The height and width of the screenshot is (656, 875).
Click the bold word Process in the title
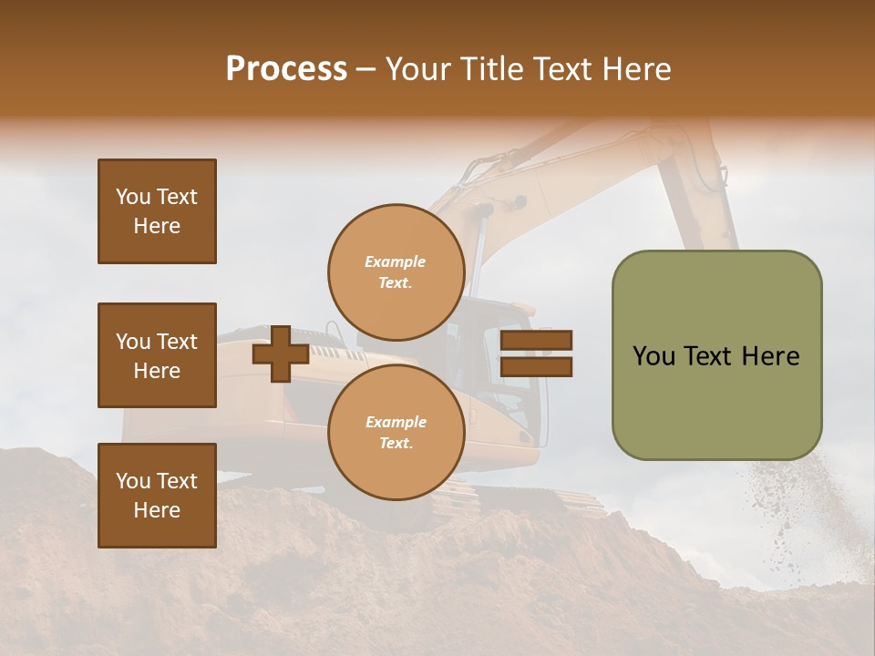pyautogui.click(x=286, y=68)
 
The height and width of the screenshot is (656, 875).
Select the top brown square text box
pyautogui.click(x=157, y=211)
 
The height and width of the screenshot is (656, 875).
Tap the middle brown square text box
pyautogui.click(x=157, y=355)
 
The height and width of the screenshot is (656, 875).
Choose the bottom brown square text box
pyautogui.click(x=157, y=496)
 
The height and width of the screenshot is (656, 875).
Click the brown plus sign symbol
pyautogui.click(x=281, y=354)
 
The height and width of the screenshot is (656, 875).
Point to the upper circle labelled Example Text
pyautogui.click(x=396, y=272)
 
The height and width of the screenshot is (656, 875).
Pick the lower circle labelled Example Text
pyautogui.click(x=396, y=433)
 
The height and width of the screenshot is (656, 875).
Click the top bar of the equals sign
pyautogui.click(x=536, y=341)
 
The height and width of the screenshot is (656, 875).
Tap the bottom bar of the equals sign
pyautogui.click(x=536, y=367)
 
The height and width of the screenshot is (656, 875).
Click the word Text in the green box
pyautogui.click(x=706, y=356)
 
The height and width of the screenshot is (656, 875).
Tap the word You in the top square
pyautogui.click(x=133, y=197)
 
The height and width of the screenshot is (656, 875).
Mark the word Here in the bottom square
pyautogui.click(x=157, y=510)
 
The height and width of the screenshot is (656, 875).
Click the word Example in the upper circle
pyautogui.click(x=396, y=261)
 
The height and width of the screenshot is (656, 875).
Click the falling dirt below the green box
pyautogui.click(x=770, y=510)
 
